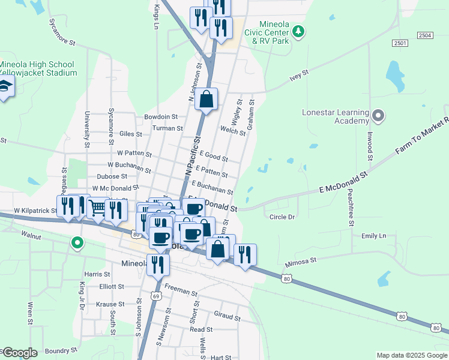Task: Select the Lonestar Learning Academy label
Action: click(335, 116)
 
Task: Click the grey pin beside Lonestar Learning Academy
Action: click(378, 114)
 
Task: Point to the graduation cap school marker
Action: click(6, 87)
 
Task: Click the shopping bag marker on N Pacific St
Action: click(206, 100)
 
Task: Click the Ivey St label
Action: click(298, 74)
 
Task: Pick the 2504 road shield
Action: click(425, 36)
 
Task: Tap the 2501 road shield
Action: click(400, 43)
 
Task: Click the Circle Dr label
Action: click(282, 217)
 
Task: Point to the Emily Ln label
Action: click(373, 236)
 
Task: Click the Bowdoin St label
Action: click(161, 117)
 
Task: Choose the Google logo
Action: click(19, 353)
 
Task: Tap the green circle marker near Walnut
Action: click(77, 243)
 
